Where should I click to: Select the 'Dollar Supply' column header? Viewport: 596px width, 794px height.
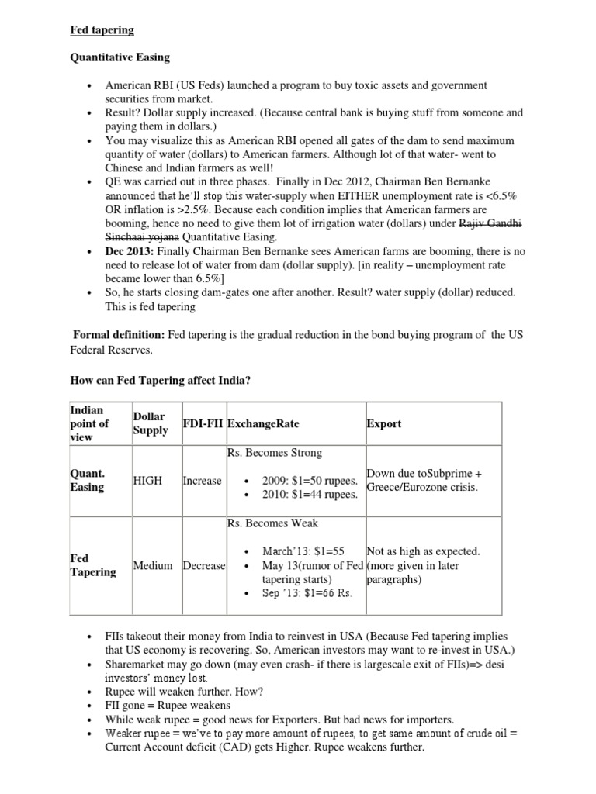pyautogui.click(x=150, y=423)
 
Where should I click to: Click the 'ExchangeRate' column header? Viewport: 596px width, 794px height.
pyautogui.click(x=264, y=424)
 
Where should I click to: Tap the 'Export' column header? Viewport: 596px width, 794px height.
pyautogui.click(x=383, y=424)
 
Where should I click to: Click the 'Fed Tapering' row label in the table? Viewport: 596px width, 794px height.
pyautogui.click(x=92, y=565)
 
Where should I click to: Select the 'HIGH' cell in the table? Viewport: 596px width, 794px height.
pyautogui.click(x=148, y=481)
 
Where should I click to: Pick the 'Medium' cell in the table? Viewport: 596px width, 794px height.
pyautogui.click(x=153, y=565)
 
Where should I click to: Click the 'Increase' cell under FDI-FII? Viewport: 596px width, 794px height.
pyautogui.click(x=202, y=481)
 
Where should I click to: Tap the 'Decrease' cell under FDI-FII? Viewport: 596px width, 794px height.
pyautogui.click(x=204, y=565)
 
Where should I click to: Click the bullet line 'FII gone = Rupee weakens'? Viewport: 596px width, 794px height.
pyautogui.click(x=167, y=705)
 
